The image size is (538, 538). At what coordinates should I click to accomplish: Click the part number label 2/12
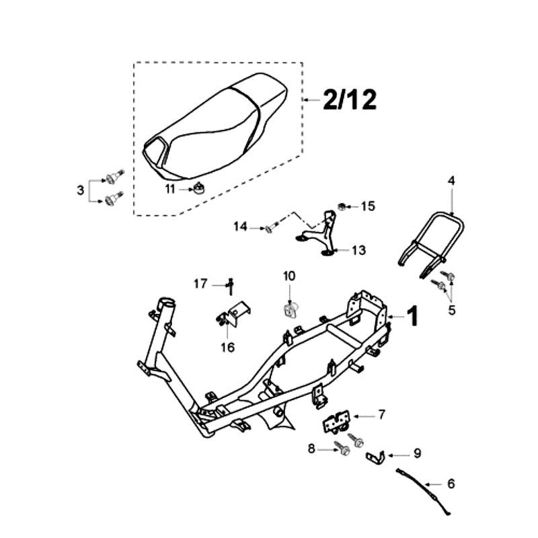[x=349, y=100]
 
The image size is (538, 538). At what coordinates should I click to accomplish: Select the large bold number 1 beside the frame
[x=412, y=315]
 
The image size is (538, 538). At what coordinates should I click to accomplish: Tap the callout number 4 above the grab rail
[x=452, y=181]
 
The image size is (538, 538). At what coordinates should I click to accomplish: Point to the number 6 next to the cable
[x=451, y=484]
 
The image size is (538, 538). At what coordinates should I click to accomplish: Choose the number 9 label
[x=416, y=454]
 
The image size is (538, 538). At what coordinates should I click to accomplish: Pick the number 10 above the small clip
[x=289, y=276]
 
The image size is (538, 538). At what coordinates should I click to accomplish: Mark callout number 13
[x=358, y=251]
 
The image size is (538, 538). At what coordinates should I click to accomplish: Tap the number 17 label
[x=200, y=284]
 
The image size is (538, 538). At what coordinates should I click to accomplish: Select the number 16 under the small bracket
[x=227, y=347]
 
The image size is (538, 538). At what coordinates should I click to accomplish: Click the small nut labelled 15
[x=342, y=206]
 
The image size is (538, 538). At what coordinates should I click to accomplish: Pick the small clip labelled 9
[x=375, y=457]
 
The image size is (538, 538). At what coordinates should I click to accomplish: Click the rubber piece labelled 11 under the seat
[x=199, y=187]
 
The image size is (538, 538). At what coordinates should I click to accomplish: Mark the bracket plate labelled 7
[x=336, y=424]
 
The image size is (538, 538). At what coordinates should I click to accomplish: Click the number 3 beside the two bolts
[x=80, y=190]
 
